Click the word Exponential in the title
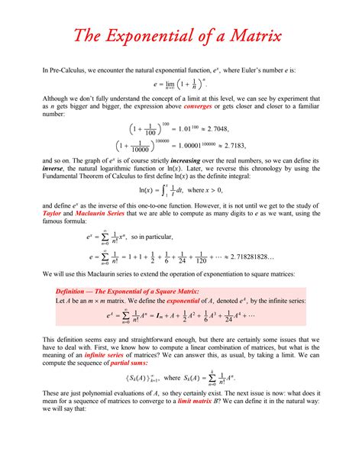(152, 35)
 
